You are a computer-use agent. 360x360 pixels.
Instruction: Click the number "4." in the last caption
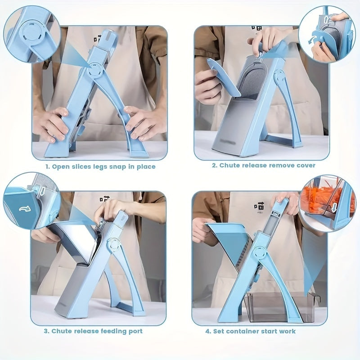click(208, 331)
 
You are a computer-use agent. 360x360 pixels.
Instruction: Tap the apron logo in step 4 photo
click(259, 204)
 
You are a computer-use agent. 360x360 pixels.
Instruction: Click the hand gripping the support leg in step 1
click(137, 124)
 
